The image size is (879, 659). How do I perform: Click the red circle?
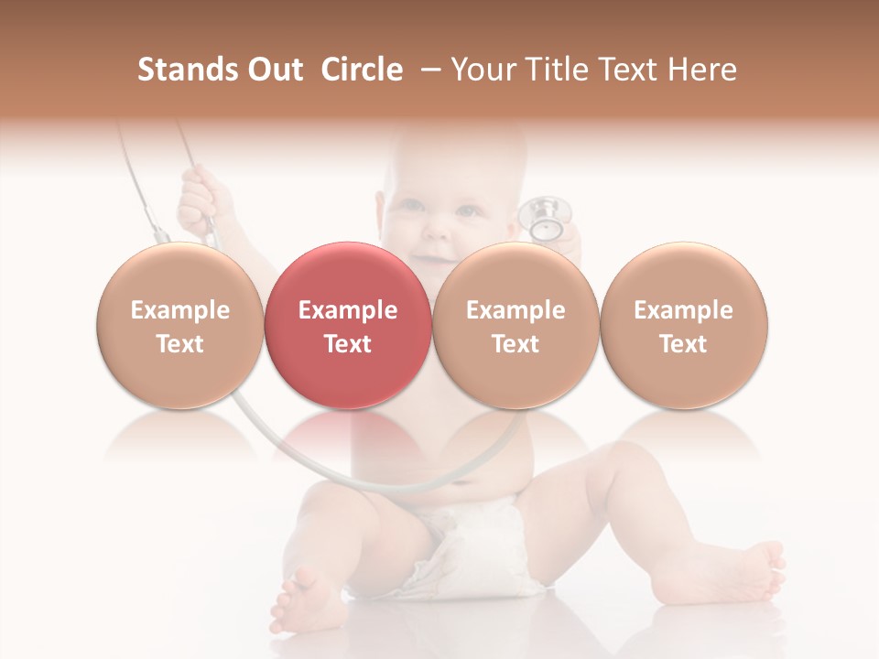347,326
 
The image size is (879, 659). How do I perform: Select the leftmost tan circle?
179,326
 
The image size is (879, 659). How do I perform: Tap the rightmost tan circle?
683,326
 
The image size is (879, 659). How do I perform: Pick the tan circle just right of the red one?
515,326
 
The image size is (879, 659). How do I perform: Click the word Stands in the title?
188,70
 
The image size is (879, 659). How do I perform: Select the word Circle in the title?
362,70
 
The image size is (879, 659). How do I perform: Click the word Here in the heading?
702,70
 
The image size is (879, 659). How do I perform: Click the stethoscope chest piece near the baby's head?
546,218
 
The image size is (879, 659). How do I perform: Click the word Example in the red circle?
347,310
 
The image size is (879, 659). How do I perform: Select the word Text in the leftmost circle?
179,343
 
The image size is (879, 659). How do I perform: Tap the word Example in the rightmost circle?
683,310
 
